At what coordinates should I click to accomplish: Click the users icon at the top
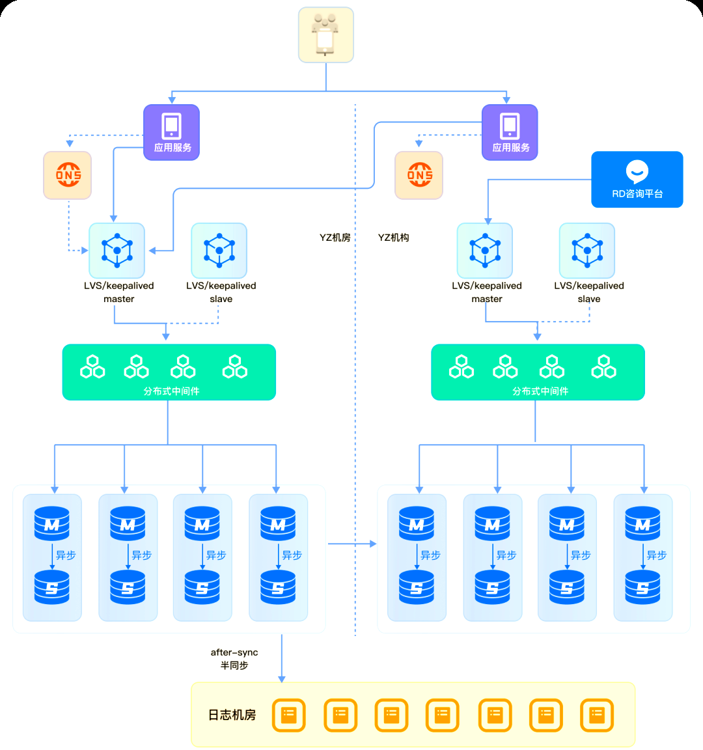point(325,35)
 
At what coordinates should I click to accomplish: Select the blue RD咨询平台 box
point(637,180)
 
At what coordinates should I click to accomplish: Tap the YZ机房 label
point(335,238)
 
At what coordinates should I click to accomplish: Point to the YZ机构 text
point(393,238)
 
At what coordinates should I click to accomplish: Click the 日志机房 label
point(232,715)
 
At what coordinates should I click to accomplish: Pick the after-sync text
point(234,652)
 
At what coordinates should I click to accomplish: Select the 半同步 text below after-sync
point(234,665)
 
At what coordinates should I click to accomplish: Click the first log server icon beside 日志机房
point(288,715)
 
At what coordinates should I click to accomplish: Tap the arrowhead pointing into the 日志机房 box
point(282,678)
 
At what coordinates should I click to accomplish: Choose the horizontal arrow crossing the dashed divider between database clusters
point(352,544)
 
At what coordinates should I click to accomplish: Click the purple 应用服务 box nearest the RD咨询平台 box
point(510,132)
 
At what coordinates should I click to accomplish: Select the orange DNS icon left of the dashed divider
point(68,175)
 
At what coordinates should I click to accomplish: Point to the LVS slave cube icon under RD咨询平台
point(587,251)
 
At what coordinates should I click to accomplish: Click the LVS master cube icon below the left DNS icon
point(117,251)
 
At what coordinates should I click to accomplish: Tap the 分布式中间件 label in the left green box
point(171,391)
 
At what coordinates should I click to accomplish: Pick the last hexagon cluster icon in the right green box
point(603,367)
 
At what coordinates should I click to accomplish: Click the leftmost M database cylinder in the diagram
point(51,523)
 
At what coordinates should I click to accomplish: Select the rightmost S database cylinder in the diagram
point(642,587)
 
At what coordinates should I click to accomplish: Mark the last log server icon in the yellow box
point(597,715)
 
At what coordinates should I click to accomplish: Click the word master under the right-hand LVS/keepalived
point(487,299)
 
